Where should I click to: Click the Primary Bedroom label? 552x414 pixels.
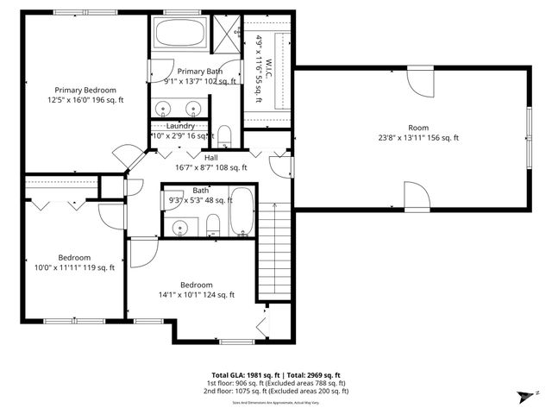[x=85, y=90]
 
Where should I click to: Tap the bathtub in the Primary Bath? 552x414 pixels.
[x=179, y=36]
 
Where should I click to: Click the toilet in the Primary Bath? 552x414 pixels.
[x=223, y=137]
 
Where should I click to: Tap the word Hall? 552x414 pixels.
[x=210, y=158]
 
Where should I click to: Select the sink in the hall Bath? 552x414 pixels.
[x=180, y=228]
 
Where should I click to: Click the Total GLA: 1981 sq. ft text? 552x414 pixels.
[x=237, y=375]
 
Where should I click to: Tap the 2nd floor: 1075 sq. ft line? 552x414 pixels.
[x=276, y=392]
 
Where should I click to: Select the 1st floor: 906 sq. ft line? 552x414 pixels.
[x=276, y=383]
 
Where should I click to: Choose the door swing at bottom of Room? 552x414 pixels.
[x=417, y=197]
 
